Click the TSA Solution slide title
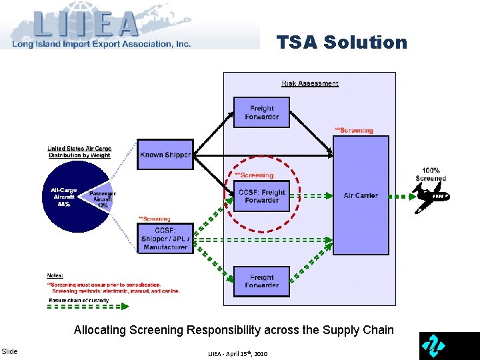(341, 43)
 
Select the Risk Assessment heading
(310, 83)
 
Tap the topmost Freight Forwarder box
(261, 112)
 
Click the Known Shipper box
(165, 155)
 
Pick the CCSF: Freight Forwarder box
(261, 196)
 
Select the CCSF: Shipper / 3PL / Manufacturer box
(165, 238)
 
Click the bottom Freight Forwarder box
(261, 281)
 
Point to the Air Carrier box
(361, 195)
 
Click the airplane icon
(432, 197)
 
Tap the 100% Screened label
(431, 174)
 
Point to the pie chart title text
(79, 152)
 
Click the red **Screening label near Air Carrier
(353, 130)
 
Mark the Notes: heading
(55, 275)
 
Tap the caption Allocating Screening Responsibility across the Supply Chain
(233, 330)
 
